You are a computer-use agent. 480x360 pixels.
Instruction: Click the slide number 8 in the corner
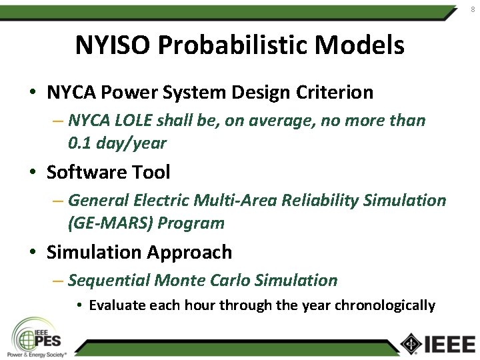[473, 9]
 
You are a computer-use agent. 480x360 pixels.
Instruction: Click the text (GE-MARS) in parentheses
[110, 223]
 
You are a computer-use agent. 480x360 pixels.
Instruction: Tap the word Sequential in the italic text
[109, 280]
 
